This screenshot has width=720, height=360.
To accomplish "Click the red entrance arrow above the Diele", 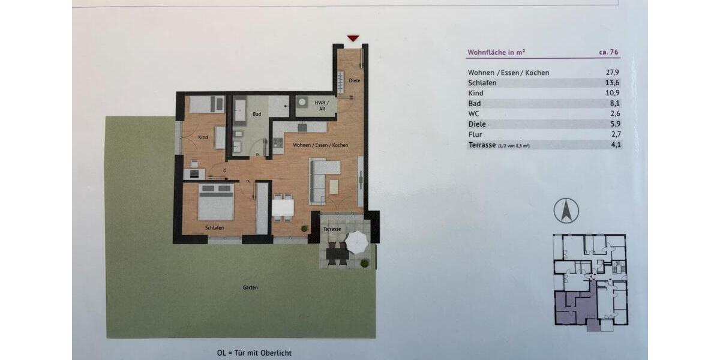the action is (x=353, y=38).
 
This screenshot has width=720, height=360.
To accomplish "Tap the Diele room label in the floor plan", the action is (x=355, y=80).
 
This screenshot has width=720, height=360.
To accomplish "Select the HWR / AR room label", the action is (x=322, y=106).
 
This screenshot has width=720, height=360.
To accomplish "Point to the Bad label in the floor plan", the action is (x=257, y=114).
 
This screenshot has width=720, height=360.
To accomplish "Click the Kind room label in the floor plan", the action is (x=203, y=137).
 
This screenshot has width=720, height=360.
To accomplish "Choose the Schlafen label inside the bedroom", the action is (x=214, y=227).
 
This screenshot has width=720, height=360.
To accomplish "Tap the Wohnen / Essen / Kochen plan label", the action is (x=320, y=145).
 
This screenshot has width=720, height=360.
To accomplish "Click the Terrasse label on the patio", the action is (x=332, y=229).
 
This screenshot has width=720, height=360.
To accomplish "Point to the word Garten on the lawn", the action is (x=250, y=287).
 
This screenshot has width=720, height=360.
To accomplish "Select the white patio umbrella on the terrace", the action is (x=357, y=241).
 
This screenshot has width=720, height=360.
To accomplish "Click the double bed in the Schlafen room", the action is (x=216, y=202).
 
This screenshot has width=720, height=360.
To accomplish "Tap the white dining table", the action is (x=283, y=208).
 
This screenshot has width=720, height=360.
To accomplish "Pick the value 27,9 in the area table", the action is (x=613, y=73).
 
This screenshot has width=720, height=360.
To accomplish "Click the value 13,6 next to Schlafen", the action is (x=613, y=83).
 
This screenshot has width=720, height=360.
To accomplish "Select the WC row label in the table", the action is (x=473, y=113).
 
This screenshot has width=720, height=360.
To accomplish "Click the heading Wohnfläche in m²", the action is (x=496, y=52).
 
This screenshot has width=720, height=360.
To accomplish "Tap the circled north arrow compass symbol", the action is (x=566, y=211).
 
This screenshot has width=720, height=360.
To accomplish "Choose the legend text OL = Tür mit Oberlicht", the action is (x=254, y=353).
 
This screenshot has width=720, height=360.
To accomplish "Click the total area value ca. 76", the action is (x=609, y=52).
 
